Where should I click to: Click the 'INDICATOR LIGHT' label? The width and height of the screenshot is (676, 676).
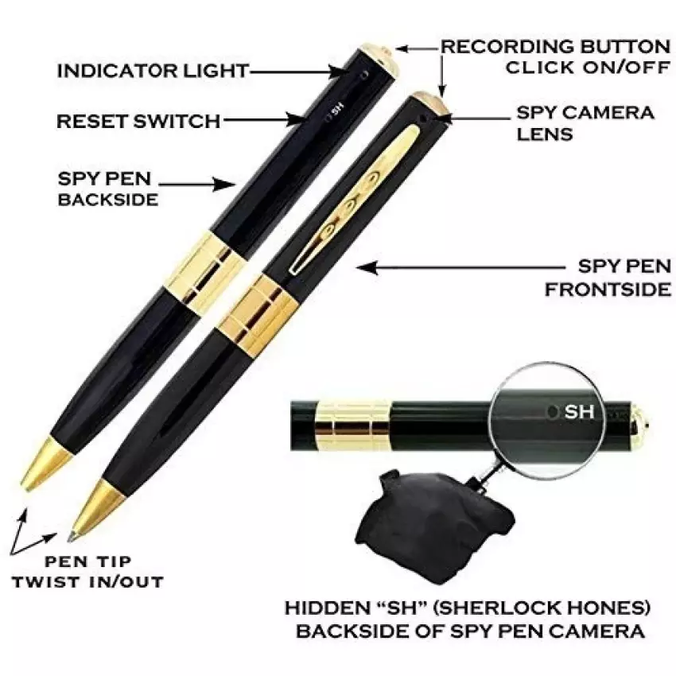153,71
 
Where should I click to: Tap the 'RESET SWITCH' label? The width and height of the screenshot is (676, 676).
138,121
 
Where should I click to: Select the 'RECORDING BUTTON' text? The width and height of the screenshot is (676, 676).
555,47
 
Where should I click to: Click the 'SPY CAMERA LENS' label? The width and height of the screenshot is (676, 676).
585,123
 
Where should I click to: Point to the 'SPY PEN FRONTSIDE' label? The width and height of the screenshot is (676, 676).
608,278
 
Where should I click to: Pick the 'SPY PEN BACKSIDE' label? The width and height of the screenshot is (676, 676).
108,188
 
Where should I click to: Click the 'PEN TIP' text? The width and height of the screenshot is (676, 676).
88,561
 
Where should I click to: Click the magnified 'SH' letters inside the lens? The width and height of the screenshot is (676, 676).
580,412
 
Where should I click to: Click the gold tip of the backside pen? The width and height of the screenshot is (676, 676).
45,464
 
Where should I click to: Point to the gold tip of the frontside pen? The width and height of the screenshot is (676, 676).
96,511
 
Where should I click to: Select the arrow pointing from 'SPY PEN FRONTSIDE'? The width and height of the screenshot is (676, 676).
460,268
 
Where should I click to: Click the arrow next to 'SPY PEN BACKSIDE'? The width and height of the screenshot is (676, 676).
197,185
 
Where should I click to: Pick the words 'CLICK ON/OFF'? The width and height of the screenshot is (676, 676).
588,68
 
